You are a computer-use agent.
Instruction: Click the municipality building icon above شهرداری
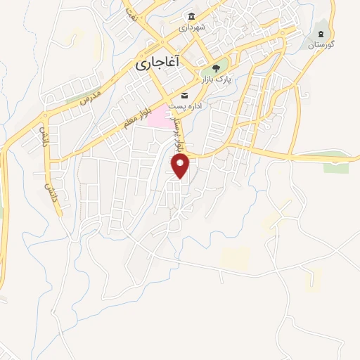tap(190, 16)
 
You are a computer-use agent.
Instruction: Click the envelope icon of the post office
tap(184, 95)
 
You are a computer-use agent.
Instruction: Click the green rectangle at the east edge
tap(336, 167)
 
